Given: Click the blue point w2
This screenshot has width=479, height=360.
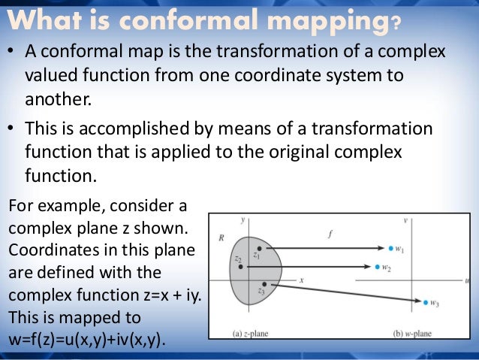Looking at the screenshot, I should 377,266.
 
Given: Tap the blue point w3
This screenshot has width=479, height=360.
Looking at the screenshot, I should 426,302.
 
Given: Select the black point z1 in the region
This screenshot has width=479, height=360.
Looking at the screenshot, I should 259,248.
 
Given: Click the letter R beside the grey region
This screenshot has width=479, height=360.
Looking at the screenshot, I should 221,237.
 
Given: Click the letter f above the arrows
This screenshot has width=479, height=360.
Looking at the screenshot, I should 330,234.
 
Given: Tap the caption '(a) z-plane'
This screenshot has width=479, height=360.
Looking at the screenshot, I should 255,332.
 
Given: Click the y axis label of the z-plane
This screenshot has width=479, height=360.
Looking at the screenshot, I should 244,220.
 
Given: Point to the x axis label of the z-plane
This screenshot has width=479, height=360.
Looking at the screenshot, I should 300,280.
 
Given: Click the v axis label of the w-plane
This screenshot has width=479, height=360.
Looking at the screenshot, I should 405,220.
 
